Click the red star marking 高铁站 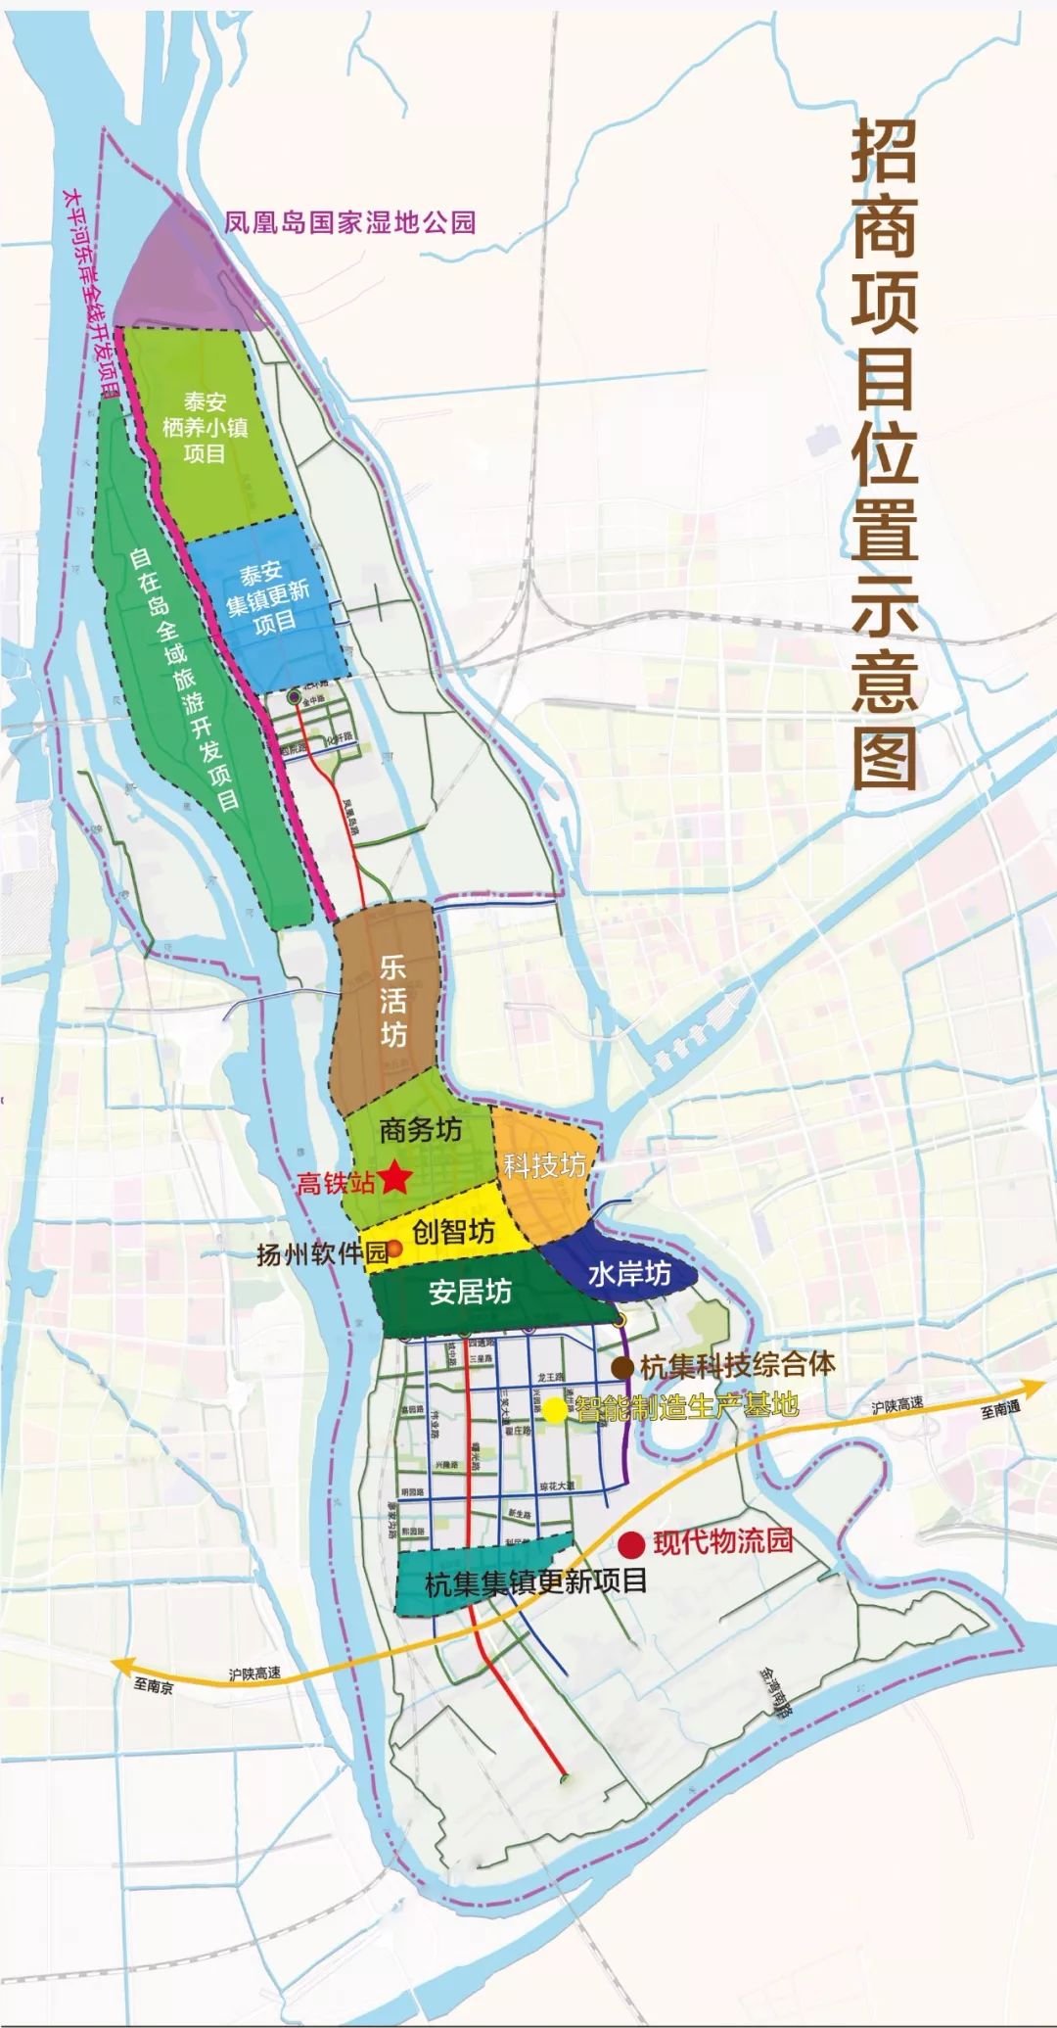pyautogui.click(x=395, y=1177)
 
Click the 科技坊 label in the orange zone pyautogui.click(x=545, y=1165)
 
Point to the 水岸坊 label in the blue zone pyautogui.click(x=629, y=1273)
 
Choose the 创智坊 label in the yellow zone pyautogui.click(x=453, y=1231)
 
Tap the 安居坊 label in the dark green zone pyautogui.click(x=470, y=1293)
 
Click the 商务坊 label pyautogui.click(x=420, y=1130)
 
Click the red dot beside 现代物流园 pyautogui.click(x=632, y=1544)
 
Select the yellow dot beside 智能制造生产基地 pyautogui.click(x=554, y=1409)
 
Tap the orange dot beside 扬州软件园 pyautogui.click(x=395, y=1248)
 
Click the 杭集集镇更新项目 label pyautogui.click(x=536, y=1582)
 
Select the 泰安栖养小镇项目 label pyautogui.click(x=205, y=428)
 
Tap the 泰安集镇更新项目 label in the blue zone pyautogui.click(x=267, y=596)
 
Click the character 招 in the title pyautogui.click(x=884, y=154)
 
